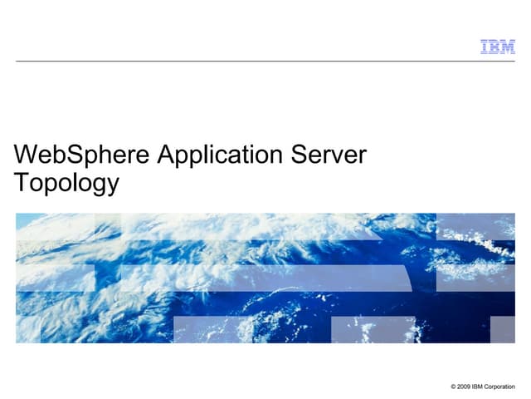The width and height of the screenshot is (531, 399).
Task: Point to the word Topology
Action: point(66,184)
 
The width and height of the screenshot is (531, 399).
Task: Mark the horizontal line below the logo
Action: point(265,61)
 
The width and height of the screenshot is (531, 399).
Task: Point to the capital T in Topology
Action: point(22,182)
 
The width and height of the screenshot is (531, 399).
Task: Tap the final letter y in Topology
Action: point(112,185)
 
